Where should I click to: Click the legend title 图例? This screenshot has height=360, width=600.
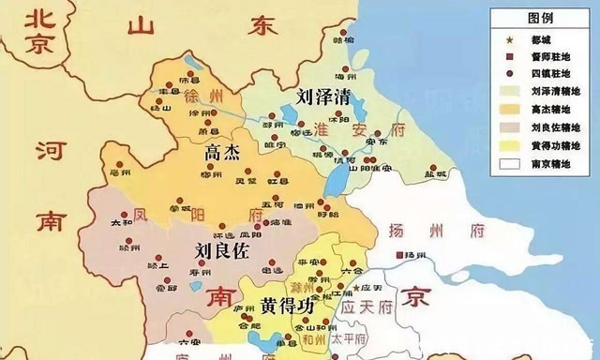tap(540, 17)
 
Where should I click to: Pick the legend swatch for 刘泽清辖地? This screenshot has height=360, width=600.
tap(507, 91)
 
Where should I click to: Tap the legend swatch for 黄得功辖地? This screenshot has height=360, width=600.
tap(507, 144)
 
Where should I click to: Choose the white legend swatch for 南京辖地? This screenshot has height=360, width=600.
tap(507, 162)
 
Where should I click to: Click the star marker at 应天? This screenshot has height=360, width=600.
tap(353, 285)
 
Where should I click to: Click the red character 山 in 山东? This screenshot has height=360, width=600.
tap(141, 25)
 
